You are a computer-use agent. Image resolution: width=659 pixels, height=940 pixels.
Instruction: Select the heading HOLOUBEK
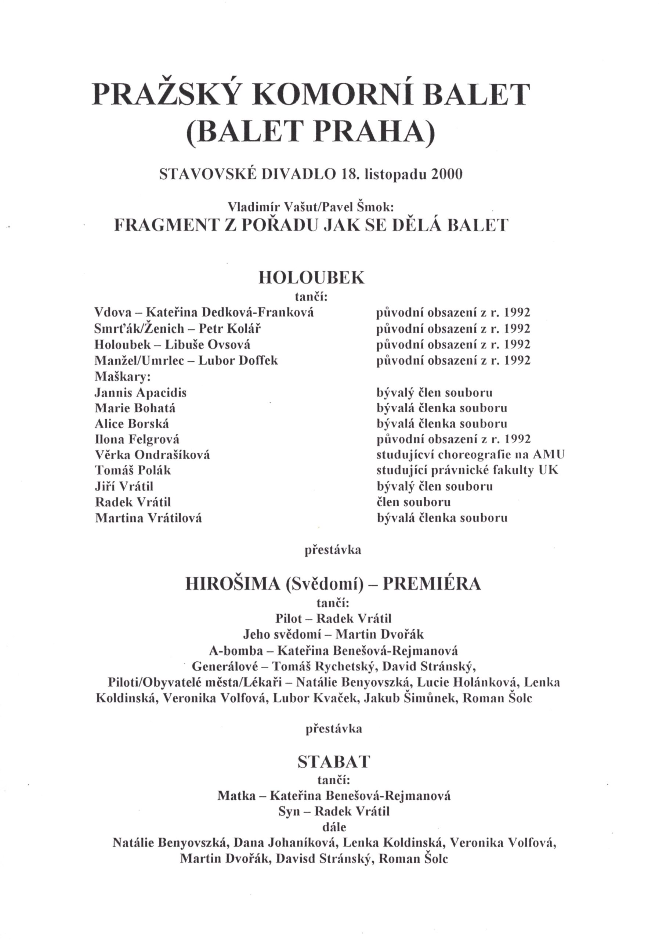[x=311, y=278]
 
